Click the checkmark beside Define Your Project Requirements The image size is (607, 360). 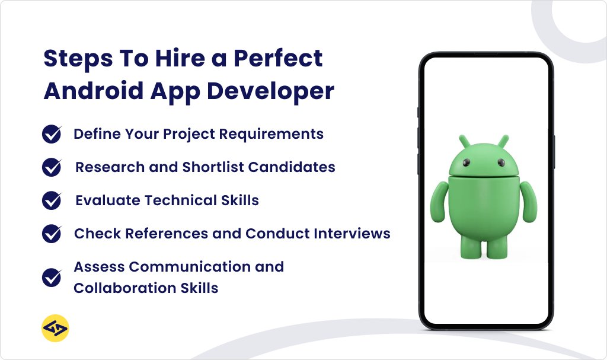52,135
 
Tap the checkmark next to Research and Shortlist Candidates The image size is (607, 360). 52,168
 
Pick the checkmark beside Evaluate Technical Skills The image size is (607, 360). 52,200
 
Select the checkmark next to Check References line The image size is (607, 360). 52,234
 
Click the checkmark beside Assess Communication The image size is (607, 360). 52,277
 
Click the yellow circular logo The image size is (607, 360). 56,329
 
